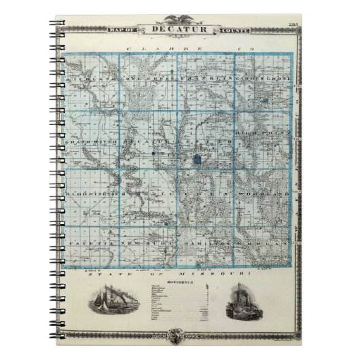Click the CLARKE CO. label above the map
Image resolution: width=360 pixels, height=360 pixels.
tap(180, 49)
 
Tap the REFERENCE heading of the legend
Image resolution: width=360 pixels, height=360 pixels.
tap(180, 280)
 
